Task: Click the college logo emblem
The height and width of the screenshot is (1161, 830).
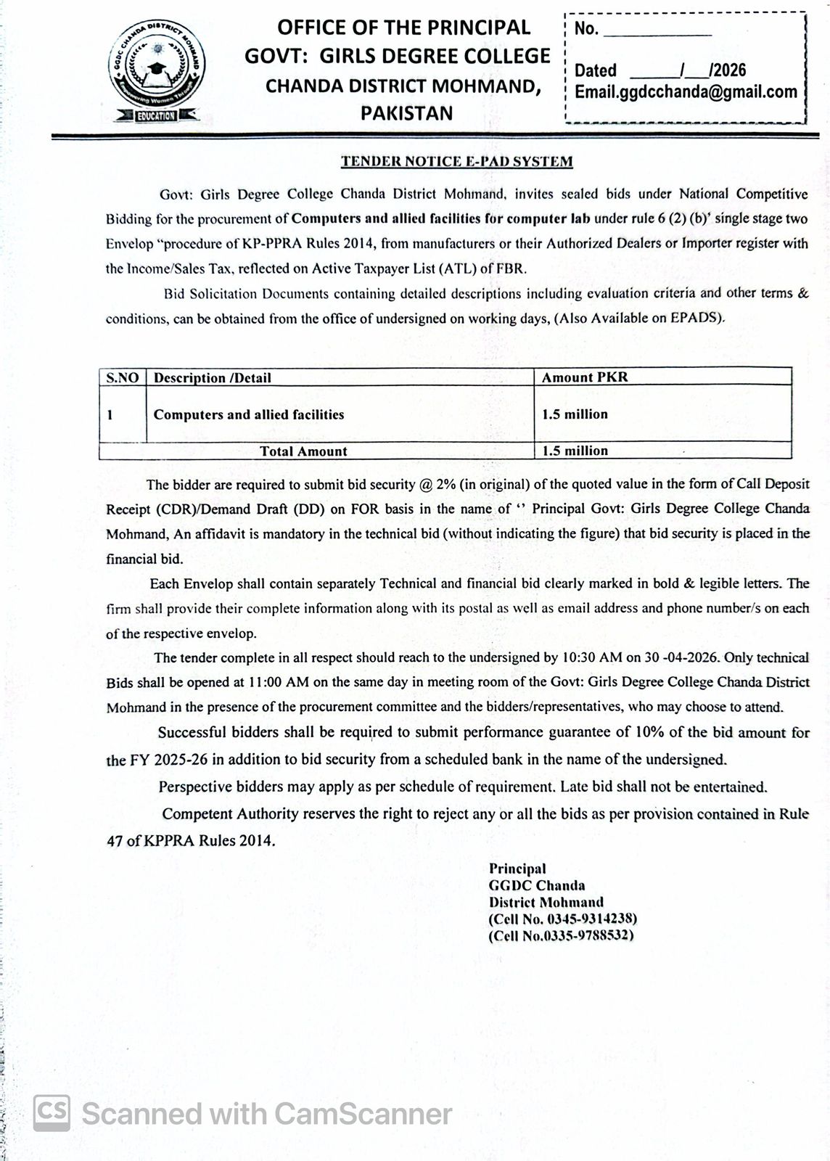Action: tap(157, 71)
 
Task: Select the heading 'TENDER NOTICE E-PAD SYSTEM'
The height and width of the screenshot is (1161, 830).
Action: tap(457, 162)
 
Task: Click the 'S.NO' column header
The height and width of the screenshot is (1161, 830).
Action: tap(123, 377)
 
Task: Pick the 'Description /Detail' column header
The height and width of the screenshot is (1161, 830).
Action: tap(213, 377)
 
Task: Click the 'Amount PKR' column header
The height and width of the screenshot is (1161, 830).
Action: tap(585, 377)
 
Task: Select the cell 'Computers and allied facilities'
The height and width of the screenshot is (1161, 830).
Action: tap(249, 414)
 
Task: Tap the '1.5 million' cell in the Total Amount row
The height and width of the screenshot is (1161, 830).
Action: tap(575, 451)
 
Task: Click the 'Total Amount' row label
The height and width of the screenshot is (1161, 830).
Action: tap(303, 451)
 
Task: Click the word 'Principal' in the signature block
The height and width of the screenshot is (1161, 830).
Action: tap(517, 869)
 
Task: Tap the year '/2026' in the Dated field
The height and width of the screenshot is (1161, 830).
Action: tap(727, 70)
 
